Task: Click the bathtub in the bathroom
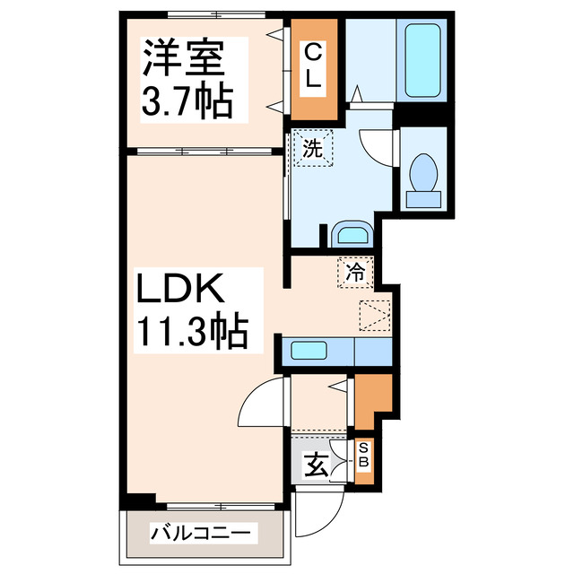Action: pos(422,61)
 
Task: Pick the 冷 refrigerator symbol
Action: pos(355,273)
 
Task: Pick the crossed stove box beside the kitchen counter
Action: pos(375,315)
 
